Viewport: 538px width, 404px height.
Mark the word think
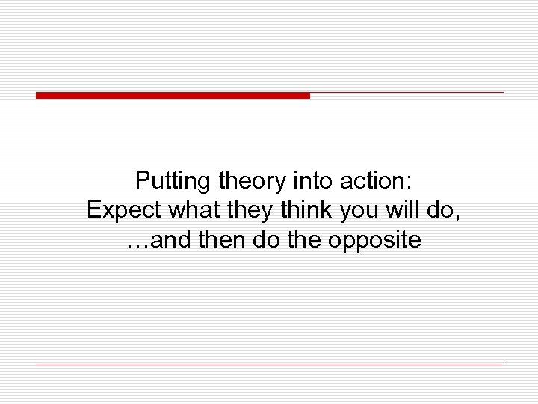pos(305,211)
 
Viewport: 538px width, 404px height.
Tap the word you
pos(358,211)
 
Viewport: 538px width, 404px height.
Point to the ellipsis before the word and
pos(134,241)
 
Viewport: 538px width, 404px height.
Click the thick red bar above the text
pos(173,95)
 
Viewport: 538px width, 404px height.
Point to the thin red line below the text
pos(269,364)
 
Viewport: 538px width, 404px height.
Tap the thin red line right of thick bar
pos(407,93)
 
